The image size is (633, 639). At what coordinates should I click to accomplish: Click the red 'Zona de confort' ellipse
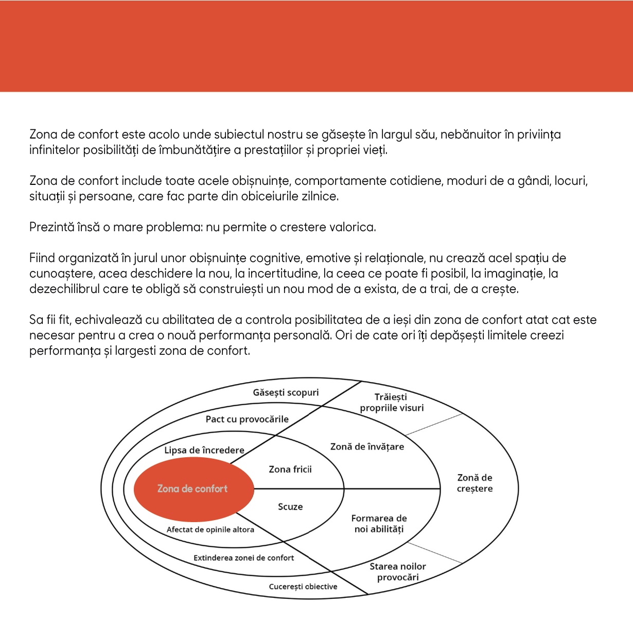(193, 489)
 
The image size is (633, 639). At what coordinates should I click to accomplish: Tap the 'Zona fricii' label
(290, 469)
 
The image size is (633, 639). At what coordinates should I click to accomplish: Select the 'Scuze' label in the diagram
(290, 507)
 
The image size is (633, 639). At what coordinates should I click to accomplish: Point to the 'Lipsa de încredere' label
(204, 450)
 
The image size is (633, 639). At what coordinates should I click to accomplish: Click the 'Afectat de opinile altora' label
(210, 529)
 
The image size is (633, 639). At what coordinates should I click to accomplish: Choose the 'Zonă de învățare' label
(367, 446)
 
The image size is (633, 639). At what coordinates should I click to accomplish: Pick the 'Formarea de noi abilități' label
(379, 524)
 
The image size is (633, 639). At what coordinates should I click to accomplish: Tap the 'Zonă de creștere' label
(474, 483)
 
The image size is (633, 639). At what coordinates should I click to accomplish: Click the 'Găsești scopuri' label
(286, 392)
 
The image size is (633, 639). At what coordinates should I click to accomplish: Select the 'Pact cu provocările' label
(247, 419)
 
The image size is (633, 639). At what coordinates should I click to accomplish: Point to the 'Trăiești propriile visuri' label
(392, 402)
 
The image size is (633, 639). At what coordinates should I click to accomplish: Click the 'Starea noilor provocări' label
(398, 572)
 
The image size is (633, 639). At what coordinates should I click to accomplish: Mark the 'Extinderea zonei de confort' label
(243, 558)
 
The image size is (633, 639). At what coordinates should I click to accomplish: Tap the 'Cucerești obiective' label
(303, 586)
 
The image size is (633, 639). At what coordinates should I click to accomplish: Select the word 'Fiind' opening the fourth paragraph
(42, 258)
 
